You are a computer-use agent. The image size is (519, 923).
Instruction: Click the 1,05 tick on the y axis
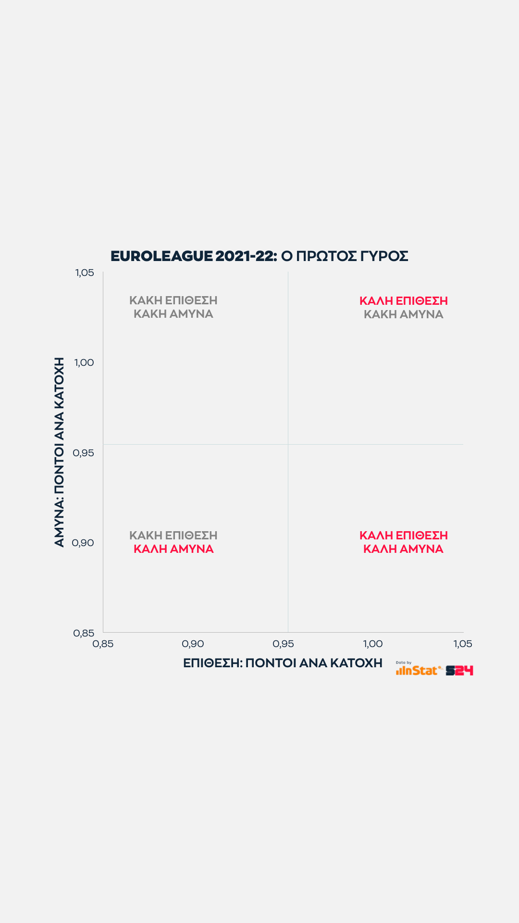click(85, 273)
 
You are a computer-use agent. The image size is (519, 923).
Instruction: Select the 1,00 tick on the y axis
click(84, 362)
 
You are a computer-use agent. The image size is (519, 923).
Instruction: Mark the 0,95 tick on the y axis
click(83, 453)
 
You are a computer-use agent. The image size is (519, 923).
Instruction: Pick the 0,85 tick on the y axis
click(84, 633)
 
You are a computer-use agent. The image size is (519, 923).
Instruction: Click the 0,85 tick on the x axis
click(103, 644)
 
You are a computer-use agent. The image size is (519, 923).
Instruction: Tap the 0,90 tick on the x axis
click(193, 644)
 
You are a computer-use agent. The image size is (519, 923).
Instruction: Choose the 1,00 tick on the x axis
click(372, 644)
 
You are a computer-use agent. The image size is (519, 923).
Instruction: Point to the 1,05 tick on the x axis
click(463, 644)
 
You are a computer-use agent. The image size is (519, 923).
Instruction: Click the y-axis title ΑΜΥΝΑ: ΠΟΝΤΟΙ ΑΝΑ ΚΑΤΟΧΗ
click(59, 452)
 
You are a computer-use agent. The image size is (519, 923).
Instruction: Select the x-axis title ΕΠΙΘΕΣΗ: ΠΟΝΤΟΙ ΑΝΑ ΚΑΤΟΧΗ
click(283, 663)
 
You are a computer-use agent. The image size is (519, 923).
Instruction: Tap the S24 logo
click(459, 671)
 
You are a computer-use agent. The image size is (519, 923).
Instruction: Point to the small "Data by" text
click(404, 662)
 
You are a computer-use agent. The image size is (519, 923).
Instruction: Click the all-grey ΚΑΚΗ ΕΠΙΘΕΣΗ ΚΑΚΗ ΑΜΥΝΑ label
click(173, 307)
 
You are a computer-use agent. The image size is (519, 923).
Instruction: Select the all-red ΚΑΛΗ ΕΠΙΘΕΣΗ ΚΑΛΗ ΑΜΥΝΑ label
click(404, 542)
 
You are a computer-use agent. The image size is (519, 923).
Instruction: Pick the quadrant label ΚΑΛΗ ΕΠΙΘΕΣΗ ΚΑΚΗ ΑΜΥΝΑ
click(404, 308)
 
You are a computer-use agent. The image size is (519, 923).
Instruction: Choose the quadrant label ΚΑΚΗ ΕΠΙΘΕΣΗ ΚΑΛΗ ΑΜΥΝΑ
click(173, 542)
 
